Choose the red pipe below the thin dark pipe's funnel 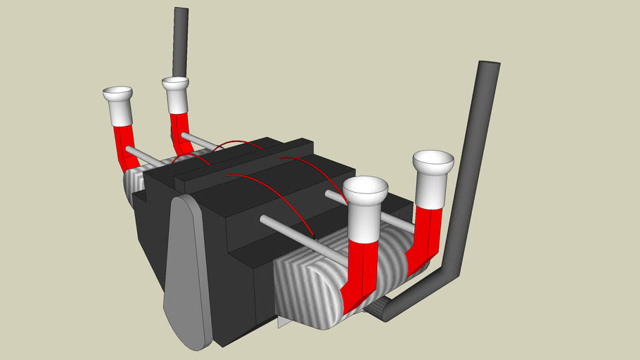pos(179,130)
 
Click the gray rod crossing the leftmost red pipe pos(144,156)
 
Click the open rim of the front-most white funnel pos(365,187)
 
